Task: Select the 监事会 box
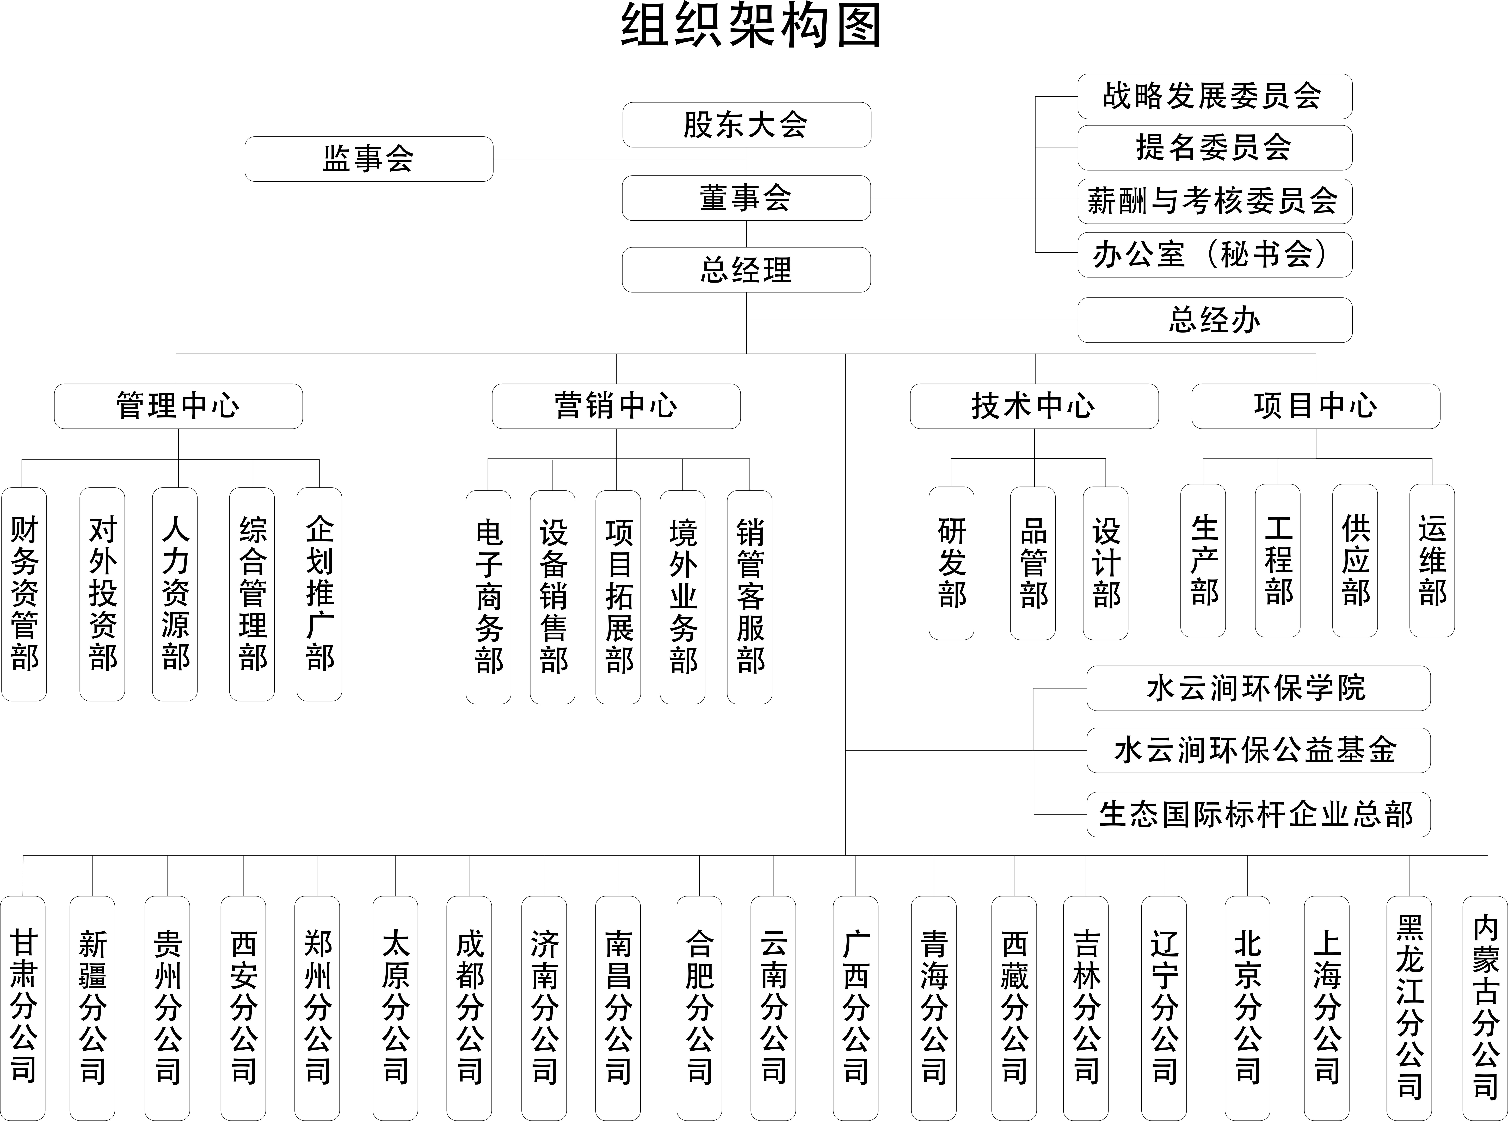coord(368,159)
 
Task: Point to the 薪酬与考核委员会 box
coord(1215,201)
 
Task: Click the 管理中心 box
coord(179,406)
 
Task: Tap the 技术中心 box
coord(1034,406)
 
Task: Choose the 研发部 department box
coord(951,563)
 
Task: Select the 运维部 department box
coord(1432,560)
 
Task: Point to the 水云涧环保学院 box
coord(1258,688)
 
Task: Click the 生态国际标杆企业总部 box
coord(1258,814)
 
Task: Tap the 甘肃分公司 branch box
coord(23,1008)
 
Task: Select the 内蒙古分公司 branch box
coord(1485,1008)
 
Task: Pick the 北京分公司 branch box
coord(1247,1008)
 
